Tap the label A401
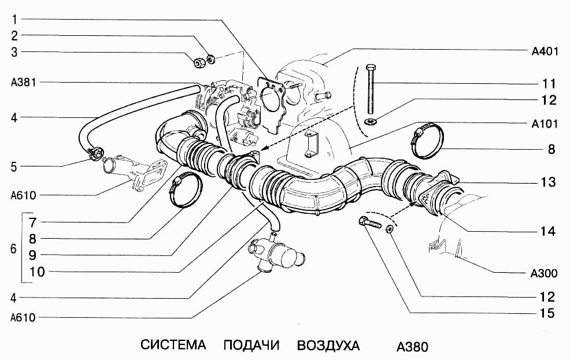(544, 51)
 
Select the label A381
(23, 82)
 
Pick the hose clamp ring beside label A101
(428, 142)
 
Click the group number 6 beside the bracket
(14, 250)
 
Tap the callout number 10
(36, 272)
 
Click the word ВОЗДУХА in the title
(328, 346)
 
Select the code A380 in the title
(412, 347)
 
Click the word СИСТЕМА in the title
(173, 346)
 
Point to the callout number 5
(14, 166)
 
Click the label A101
(544, 124)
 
